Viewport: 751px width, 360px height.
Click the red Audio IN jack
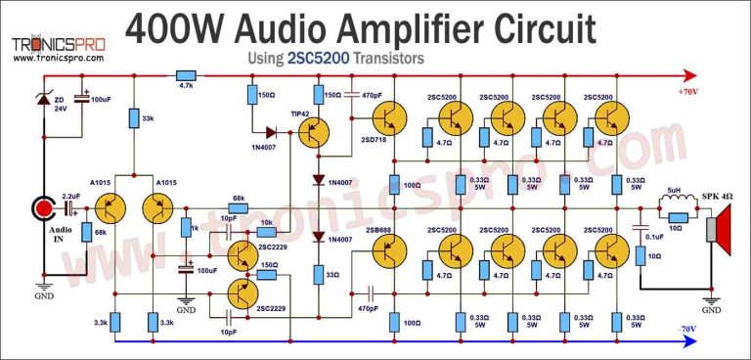pyautogui.click(x=45, y=210)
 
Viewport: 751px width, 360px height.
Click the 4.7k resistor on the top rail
pyautogui.click(x=186, y=74)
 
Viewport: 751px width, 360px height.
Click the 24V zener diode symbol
pyautogui.click(x=43, y=102)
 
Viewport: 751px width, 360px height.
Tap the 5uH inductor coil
pyautogui.click(x=674, y=207)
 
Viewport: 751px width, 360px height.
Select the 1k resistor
pyautogui.click(x=186, y=228)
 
